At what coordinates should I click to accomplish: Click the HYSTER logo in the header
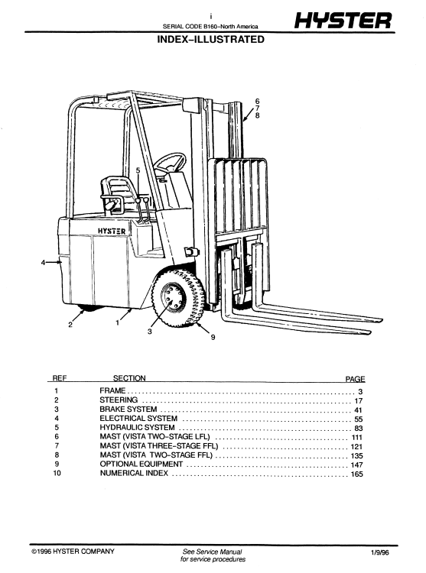point(346,21)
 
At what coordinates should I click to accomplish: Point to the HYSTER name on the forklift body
point(112,228)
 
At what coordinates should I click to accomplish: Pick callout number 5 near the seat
point(138,170)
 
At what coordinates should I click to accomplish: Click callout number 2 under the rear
point(70,325)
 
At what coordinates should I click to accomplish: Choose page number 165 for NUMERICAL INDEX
point(356,474)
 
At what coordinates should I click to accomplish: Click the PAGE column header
point(356,378)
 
